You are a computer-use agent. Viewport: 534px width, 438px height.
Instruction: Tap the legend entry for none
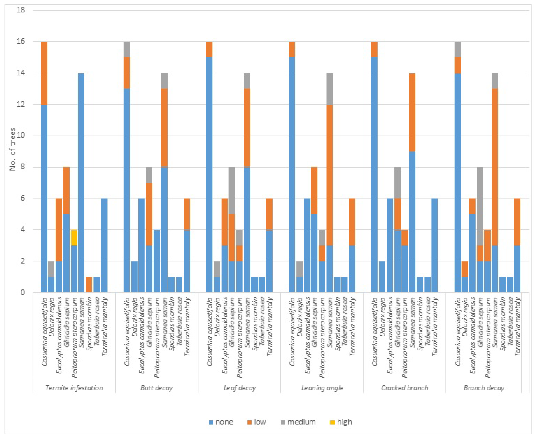coord(221,422)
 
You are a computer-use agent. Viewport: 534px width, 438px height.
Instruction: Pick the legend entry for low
coord(257,422)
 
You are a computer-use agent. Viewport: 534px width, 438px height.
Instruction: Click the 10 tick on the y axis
coord(21,136)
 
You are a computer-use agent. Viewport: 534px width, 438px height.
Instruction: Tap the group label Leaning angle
coord(322,388)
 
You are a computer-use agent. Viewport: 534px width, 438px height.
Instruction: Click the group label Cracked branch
coord(405,388)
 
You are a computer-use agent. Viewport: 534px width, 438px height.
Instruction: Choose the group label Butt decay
coord(156,388)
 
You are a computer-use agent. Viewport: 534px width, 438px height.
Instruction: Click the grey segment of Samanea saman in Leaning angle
coord(329,89)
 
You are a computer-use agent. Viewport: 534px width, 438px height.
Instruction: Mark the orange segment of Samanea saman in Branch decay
coord(495,166)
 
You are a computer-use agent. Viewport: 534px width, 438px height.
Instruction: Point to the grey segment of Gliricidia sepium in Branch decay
coord(480,206)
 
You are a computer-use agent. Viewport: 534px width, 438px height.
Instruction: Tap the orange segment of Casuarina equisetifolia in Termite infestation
coord(44,73)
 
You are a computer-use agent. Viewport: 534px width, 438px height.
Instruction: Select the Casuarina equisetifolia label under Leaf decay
coord(209,332)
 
